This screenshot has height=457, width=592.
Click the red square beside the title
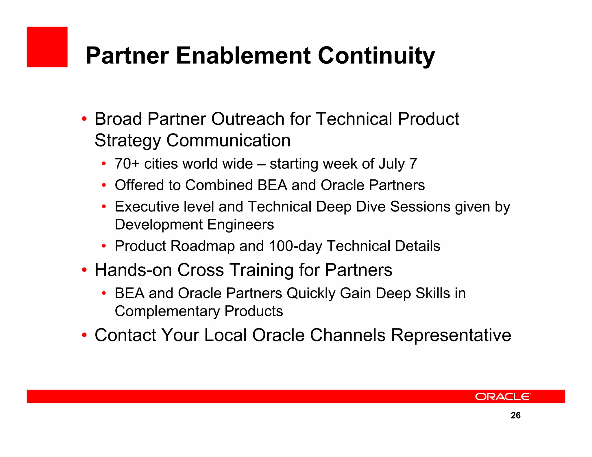pos(47,47)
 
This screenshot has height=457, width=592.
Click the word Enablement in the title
pos(243,55)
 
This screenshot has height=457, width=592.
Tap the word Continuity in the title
pos(376,55)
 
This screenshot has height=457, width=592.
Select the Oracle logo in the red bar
pos(503,397)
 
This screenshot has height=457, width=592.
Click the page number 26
pos(515,415)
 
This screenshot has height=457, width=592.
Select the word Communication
pos(228,140)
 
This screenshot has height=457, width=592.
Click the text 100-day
pos(295,246)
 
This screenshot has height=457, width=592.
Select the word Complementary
pos(167,311)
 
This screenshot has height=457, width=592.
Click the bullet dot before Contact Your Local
pos(84,335)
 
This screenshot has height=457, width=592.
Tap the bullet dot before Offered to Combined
pos(104,185)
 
